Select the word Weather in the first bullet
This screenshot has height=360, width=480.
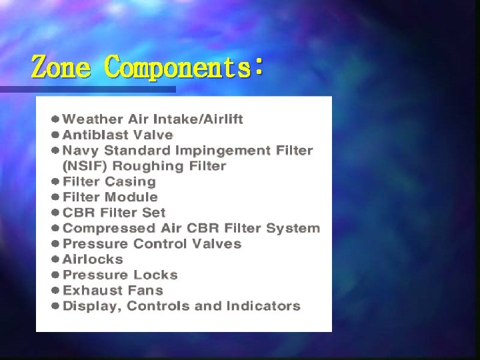[x=93, y=119]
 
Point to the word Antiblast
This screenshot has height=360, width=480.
[x=91, y=135]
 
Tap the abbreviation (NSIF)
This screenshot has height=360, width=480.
[x=83, y=166]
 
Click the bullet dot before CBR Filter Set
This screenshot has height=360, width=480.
[x=56, y=213]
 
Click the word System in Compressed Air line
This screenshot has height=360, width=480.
[x=293, y=228]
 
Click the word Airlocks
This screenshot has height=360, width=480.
[x=93, y=259]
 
